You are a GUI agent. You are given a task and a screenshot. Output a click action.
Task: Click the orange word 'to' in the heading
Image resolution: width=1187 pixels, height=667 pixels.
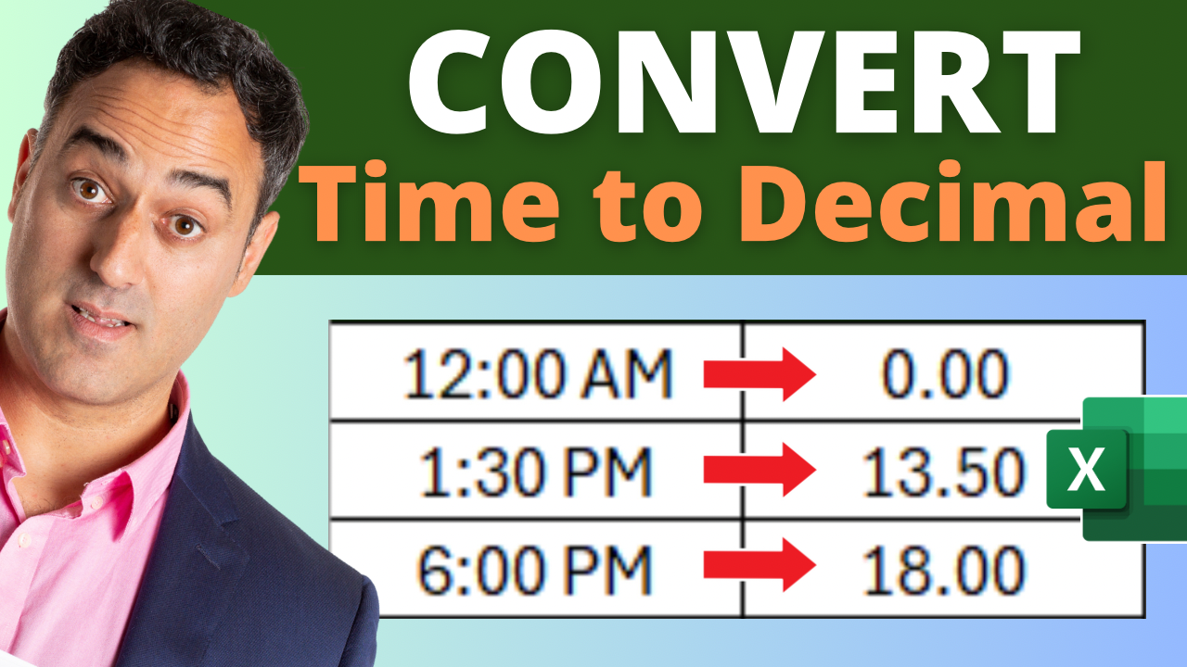648,208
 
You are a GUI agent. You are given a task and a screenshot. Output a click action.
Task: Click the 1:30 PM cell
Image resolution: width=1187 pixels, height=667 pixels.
535,471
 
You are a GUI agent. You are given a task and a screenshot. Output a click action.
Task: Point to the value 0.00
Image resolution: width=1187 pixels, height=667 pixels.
945,373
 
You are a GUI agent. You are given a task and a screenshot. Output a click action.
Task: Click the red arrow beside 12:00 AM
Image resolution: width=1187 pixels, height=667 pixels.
759,374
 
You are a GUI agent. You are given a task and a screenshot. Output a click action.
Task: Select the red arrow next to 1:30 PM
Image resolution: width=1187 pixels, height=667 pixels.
759,470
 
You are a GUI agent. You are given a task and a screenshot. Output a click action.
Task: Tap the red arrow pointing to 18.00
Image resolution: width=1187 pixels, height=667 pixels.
759,565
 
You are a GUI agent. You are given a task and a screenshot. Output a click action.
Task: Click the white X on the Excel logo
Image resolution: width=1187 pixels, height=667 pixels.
1086,469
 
